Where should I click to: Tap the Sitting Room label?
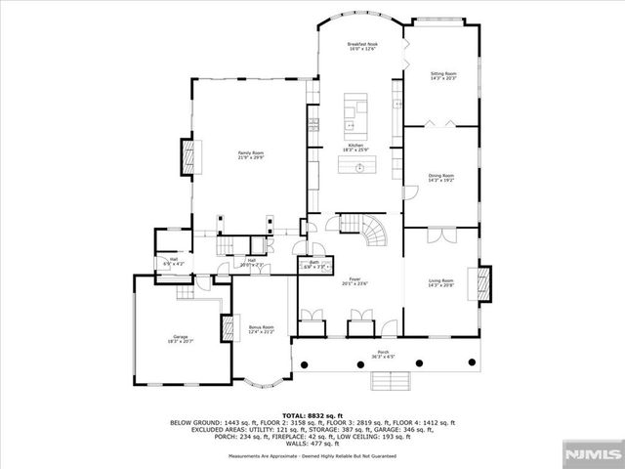[444, 75]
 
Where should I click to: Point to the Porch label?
[384, 355]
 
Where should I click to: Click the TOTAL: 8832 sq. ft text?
[312, 414]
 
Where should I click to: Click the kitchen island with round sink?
[359, 166]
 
